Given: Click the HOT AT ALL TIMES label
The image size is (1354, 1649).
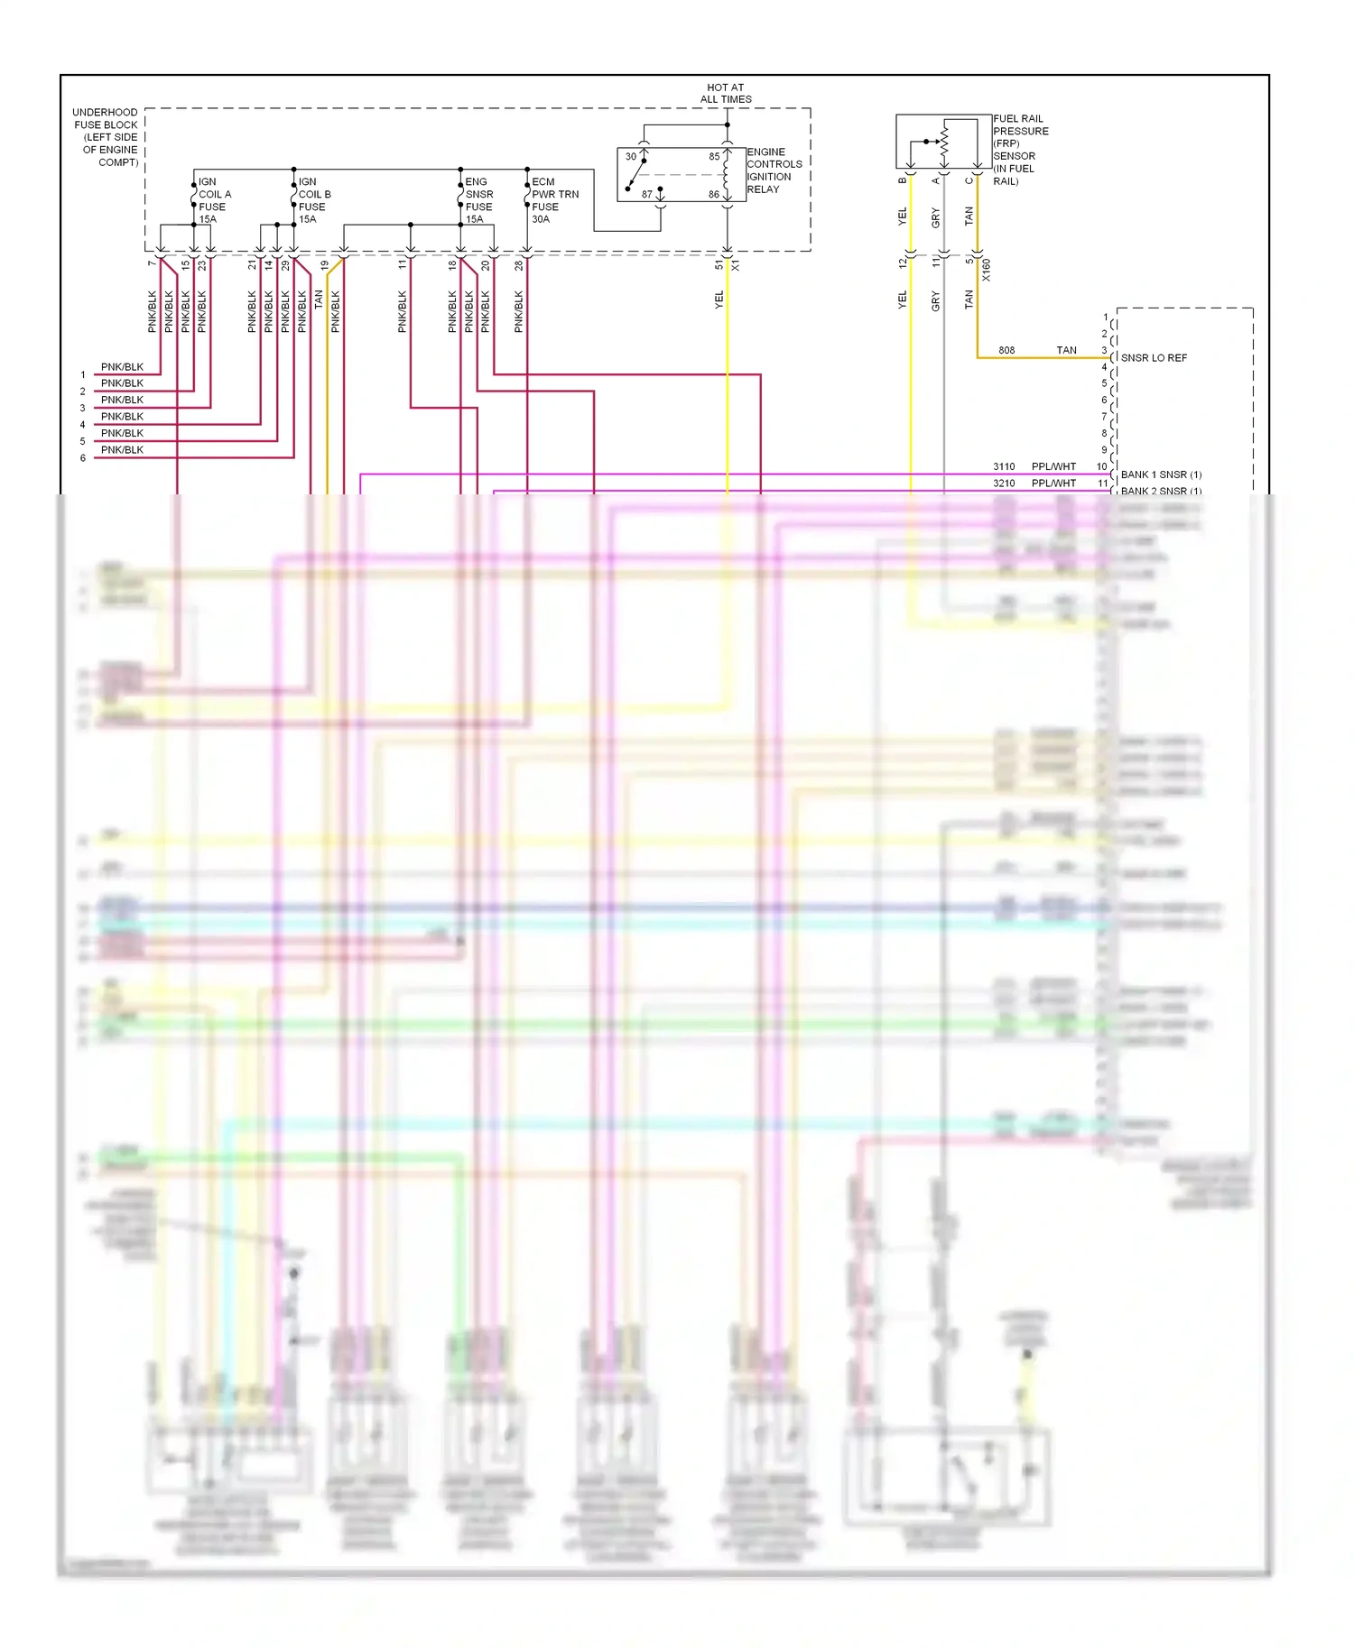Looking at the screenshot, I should [725, 94].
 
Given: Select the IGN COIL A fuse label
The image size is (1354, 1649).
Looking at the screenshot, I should [214, 200].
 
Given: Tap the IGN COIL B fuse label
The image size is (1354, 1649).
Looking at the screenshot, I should [314, 200].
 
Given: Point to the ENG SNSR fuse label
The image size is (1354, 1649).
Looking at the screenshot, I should [478, 200].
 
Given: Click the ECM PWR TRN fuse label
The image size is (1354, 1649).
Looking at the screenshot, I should [554, 200].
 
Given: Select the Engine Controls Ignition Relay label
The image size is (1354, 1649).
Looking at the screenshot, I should [774, 170].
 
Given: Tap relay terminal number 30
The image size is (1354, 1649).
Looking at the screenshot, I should [631, 156].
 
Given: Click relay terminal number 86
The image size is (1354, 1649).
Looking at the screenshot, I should [714, 194].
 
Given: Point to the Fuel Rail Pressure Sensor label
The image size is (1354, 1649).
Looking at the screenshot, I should [1020, 150].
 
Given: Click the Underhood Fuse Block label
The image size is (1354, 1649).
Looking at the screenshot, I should [106, 137].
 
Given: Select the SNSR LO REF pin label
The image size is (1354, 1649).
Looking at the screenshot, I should [1154, 358].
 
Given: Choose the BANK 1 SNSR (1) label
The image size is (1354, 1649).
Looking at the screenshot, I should [1161, 474].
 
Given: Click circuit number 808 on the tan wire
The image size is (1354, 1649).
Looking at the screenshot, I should [1006, 350].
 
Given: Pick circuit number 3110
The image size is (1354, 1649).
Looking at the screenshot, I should [1004, 466].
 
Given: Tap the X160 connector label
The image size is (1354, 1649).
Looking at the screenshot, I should [986, 270].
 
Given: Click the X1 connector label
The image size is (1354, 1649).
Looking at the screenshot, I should [736, 266].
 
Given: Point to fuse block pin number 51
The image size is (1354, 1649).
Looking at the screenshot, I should [719, 265].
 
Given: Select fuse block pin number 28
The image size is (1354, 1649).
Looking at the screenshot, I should [519, 265].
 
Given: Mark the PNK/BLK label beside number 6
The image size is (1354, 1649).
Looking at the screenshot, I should [122, 450].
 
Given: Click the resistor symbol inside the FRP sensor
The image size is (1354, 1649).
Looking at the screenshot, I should [944, 139].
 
